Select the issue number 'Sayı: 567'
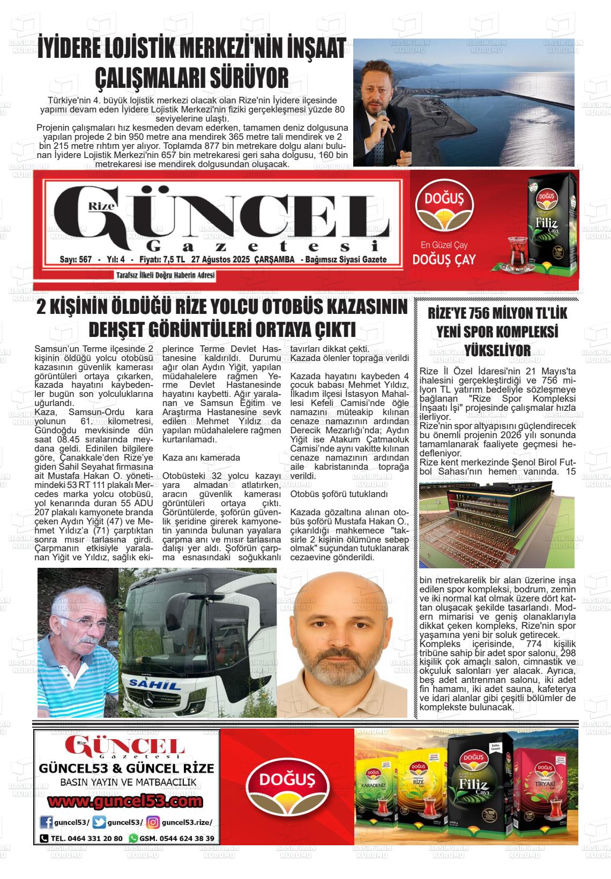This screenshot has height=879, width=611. tap(76, 260)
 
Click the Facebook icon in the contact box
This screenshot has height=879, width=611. tap(46, 823)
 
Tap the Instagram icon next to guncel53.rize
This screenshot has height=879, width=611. tap(154, 823)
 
